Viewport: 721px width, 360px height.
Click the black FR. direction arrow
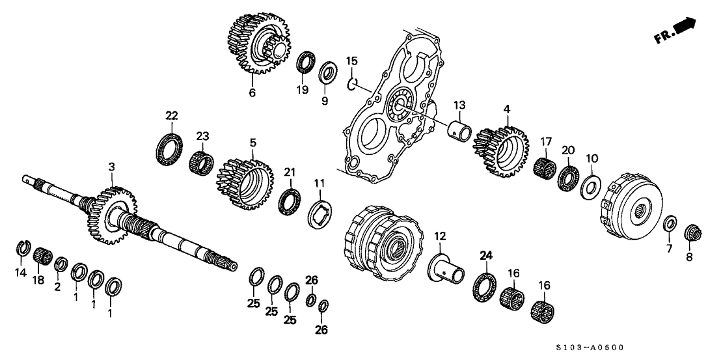coord(684,27)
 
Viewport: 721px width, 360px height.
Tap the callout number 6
coord(252,92)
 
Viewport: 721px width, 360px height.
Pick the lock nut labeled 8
coord(694,232)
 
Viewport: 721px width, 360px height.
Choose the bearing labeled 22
coord(169,147)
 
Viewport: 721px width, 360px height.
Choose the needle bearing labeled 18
coord(42,254)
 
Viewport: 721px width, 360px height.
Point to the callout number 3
coord(111,167)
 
